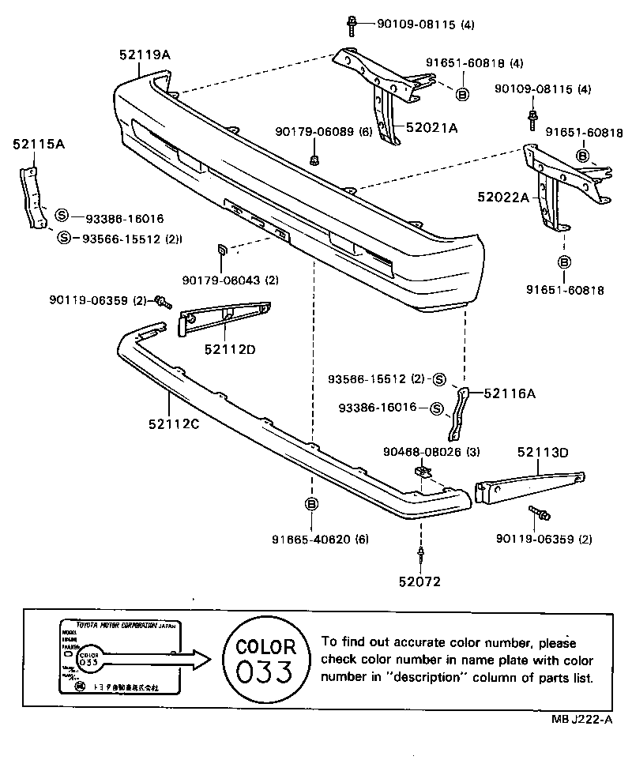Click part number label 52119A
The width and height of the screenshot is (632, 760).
(145, 54)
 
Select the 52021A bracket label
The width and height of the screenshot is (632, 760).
(431, 126)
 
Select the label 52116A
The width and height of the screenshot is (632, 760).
(510, 392)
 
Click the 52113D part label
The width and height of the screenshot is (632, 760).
(543, 452)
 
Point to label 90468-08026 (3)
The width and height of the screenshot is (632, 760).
(432, 451)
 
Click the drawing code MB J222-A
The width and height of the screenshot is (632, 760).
(580, 718)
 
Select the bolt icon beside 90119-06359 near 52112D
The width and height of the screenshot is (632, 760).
(163, 301)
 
